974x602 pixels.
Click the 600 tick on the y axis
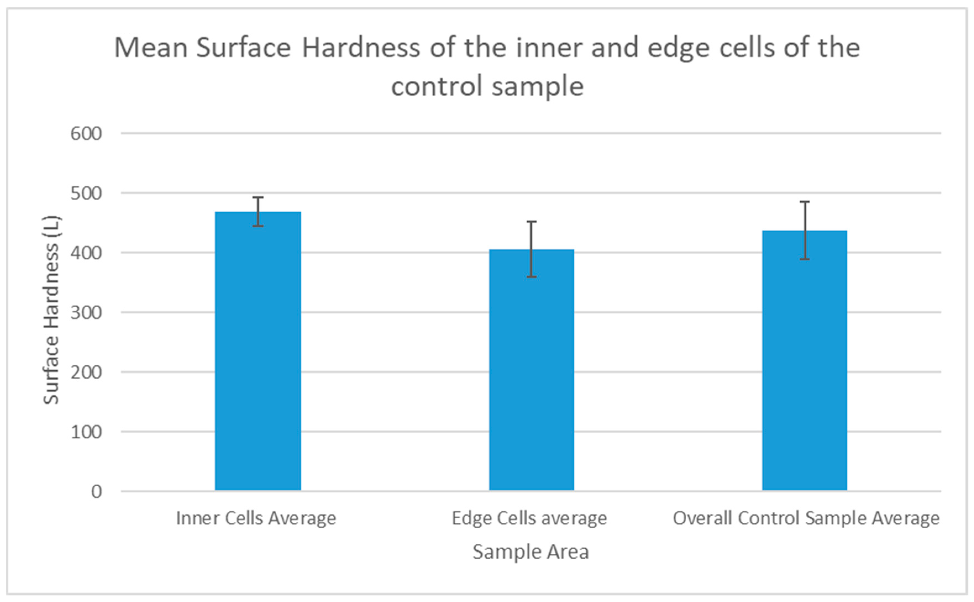click(x=86, y=134)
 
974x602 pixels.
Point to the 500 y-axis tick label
click(x=86, y=194)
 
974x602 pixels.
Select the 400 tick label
click(x=86, y=253)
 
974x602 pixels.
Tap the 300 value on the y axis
click(x=86, y=313)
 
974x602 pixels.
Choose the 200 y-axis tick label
click(x=86, y=373)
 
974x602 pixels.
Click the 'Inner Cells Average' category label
click(x=256, y=518)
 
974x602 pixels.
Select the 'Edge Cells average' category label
click(x=529, y=518)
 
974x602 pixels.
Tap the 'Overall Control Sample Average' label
click(x=806, y=518)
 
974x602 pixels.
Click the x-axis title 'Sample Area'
click(x=531, y=552)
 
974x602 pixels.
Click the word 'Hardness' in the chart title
click(x=361, y=48)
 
